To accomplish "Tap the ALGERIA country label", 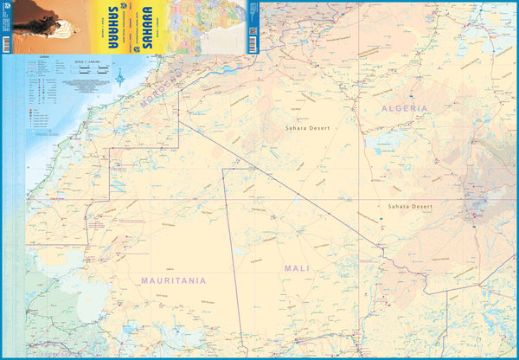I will [x=404, y=108].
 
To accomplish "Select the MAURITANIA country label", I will [x=173, y=281].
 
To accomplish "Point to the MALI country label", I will [x=297, y=269].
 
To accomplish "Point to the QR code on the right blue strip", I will [x=252, y=33].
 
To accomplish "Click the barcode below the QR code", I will [x=252, y=45].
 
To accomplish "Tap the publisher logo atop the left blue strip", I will [x=6, y=8].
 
